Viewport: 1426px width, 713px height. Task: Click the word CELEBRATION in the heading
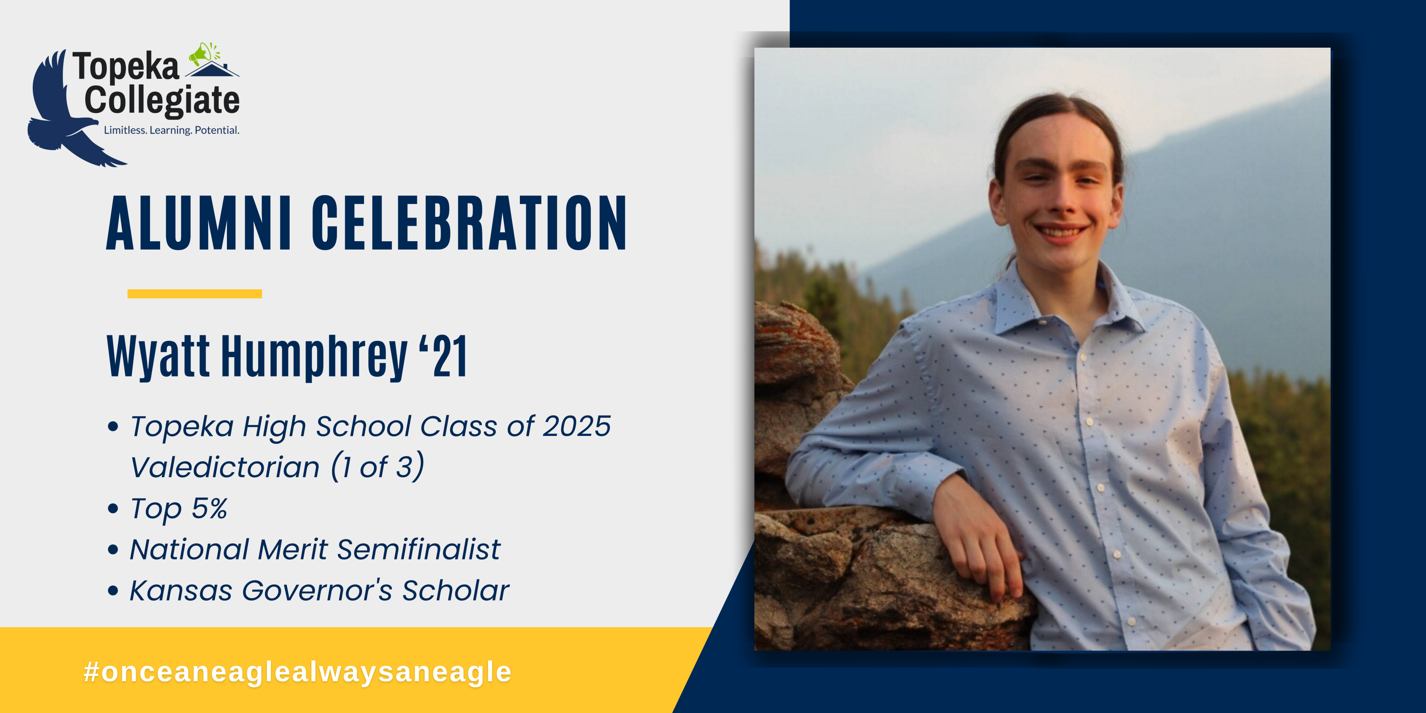click(x=469, y=222)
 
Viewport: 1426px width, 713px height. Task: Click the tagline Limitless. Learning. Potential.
click(x=172, y=130)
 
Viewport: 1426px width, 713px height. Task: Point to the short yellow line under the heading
click(x=194, y=293)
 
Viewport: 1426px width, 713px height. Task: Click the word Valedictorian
click(x=225, y=467)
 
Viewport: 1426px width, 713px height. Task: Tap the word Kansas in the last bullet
click(x=180, y=591)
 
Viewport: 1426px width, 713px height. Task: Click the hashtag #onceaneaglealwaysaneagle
click(x=297, y=672)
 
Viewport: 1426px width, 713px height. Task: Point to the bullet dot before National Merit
click(x=113, y=550)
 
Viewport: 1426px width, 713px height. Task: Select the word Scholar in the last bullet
click(x=456, y=591)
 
